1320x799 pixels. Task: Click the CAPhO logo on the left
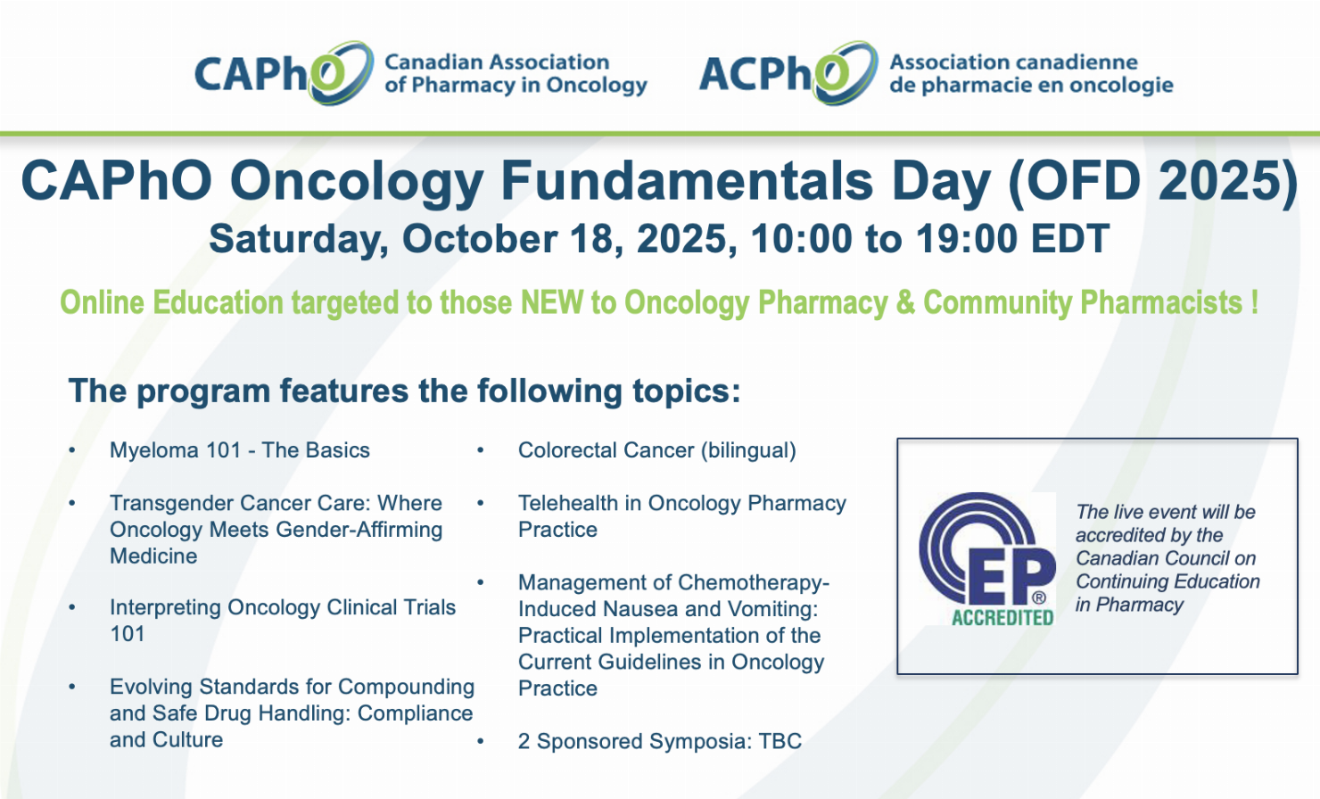click(421, 73)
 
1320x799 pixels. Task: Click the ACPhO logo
click(936, 73)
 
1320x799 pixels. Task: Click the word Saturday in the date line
click(299, 239)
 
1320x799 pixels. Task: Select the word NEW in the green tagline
click(553, 302)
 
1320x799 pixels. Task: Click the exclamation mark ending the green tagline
click(1254, 302)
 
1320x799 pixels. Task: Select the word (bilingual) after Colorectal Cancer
click(747, 450)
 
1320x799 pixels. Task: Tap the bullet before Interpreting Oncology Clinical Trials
click(72, 607)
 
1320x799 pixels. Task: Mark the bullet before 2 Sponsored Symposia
click(480, 741)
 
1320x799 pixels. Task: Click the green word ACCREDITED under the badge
click(1003, 617)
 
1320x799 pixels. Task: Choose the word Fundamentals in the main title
click(687, 180)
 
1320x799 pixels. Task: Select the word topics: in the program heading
click(686, 391)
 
